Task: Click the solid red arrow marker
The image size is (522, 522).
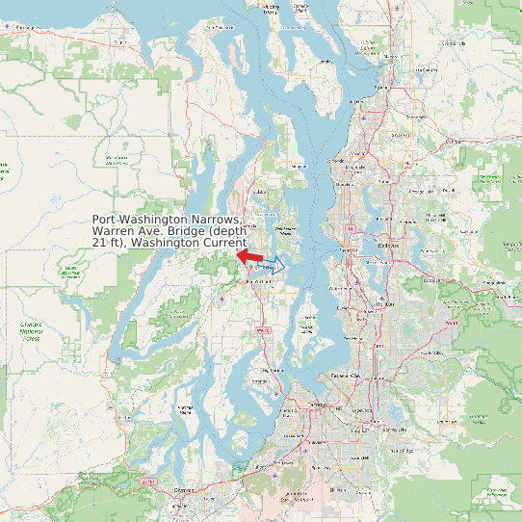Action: click(248, 256)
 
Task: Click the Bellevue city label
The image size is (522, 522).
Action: click(387, 245)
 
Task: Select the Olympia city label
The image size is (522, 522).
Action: click(183, 491)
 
